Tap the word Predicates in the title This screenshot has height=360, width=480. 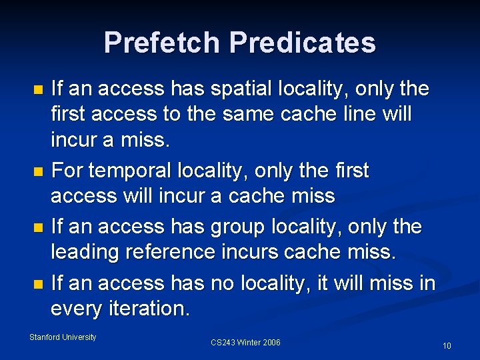coord(303,43)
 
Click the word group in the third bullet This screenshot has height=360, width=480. coord(232,227)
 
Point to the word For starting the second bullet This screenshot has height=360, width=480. coord(67,171)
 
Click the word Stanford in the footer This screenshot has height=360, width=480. coord(44,337)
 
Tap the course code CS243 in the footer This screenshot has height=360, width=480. coord(223,343)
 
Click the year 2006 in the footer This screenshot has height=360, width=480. coord(271,343)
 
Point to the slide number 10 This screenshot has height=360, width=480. coord(447,346)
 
